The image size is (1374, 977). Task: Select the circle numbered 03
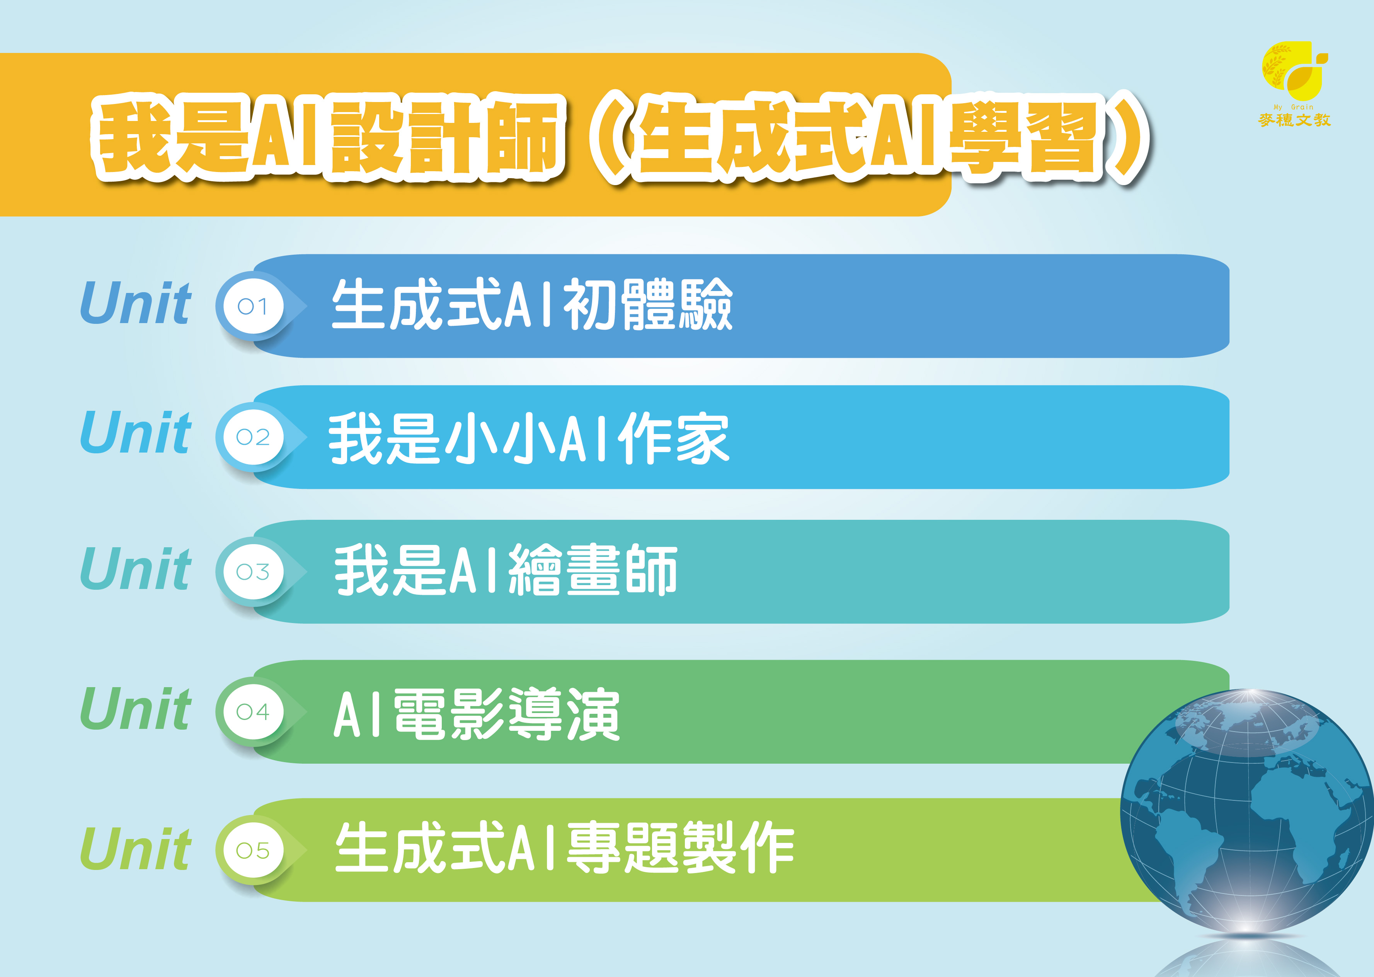253,572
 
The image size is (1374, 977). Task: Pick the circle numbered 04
253,712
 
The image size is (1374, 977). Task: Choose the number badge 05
253,851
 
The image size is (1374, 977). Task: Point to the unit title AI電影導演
477,714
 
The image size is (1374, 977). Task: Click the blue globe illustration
1246,812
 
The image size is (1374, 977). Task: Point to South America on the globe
1188,854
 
